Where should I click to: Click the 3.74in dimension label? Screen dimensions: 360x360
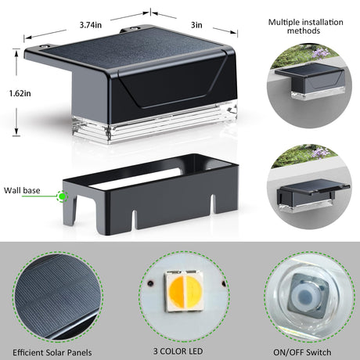click(91, 25)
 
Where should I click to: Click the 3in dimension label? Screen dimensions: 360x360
click(196, 25)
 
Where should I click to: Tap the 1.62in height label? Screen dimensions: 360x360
click(20, 93)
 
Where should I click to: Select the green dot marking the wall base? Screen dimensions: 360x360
click(62, 196)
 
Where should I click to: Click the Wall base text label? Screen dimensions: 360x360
click(22, 190)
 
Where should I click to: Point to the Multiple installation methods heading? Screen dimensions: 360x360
click(305, 27)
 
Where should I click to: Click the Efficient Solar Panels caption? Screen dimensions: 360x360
click(52, 353)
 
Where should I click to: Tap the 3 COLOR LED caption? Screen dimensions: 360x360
click(178, 351)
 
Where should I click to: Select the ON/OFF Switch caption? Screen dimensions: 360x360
click(302, 352)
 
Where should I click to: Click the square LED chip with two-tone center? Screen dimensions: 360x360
click(185, 291)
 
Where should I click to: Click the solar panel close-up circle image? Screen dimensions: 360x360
click(57, 297)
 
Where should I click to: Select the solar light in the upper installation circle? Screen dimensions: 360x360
click(309, 81)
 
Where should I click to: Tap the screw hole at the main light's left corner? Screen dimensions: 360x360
click(44, 46)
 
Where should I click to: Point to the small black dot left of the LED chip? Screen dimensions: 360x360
click(150, 283)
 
